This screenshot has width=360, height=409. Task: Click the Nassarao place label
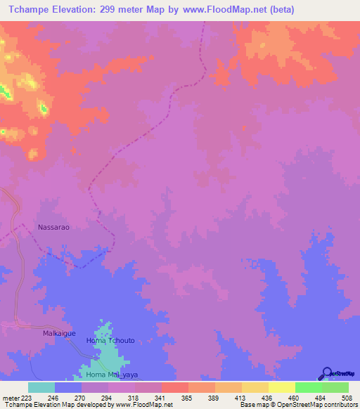(54, 228)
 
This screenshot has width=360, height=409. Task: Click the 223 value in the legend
(27, 397)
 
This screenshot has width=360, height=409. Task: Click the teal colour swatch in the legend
(41, 387)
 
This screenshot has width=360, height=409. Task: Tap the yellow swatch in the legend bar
(281, 387)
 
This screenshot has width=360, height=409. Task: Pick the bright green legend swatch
(308, 387)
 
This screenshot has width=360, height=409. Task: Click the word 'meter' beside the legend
(9, 397)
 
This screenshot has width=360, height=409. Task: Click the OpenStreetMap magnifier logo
(326, 373)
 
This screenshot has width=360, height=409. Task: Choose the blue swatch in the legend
(67, 387)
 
